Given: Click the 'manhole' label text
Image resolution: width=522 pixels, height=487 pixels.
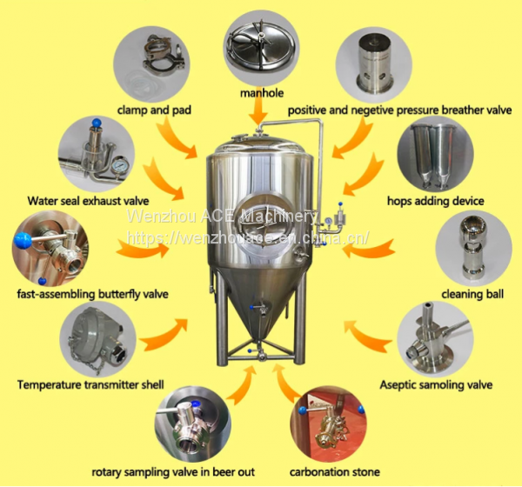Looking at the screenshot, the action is (x=262, y=92).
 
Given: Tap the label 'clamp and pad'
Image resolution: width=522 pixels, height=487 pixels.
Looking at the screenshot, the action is (x=154, y=110).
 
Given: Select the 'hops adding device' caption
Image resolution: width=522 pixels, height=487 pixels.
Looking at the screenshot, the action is (x=436, y=201).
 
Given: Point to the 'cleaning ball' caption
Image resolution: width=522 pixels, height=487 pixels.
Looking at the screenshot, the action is (x=472, y=294).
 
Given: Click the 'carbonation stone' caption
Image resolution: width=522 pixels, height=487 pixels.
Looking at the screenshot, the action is (x=335, y=471).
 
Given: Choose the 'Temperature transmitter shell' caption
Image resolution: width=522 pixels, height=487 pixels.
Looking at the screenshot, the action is (x=90, y=384).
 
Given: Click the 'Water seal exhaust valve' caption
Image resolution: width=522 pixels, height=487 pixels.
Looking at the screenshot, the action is (x=88, y=201).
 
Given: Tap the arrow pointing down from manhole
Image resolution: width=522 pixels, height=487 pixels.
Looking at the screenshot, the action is (x=258, y=111).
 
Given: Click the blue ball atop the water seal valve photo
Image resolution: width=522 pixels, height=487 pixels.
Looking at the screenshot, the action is (x=97, y=122).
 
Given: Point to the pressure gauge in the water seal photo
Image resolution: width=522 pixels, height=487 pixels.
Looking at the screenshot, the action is (x=119, y=165).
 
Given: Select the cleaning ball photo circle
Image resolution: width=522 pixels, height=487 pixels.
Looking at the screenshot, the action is (x=473, y=248).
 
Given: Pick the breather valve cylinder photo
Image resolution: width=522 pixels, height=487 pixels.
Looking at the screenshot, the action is (x=374, y=63).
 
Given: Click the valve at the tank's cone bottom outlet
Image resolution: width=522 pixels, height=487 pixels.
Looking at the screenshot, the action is (x=261, y=355).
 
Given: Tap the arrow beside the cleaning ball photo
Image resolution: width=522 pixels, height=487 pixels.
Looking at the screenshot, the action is (x=369, y=248).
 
